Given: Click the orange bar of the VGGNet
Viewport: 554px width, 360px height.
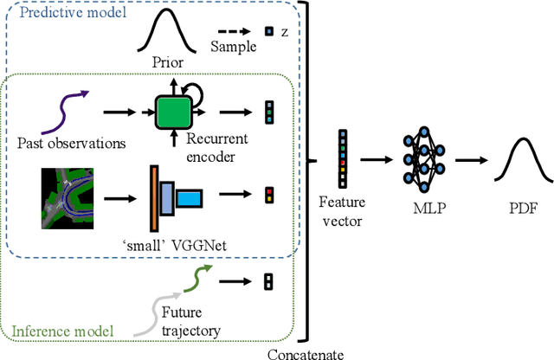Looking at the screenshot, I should point(153,198).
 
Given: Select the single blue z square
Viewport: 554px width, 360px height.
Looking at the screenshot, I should point(268,32).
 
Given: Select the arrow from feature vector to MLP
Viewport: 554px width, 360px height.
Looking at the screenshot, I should point(376,159).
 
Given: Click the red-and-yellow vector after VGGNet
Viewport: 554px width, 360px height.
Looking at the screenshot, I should point(268,194).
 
